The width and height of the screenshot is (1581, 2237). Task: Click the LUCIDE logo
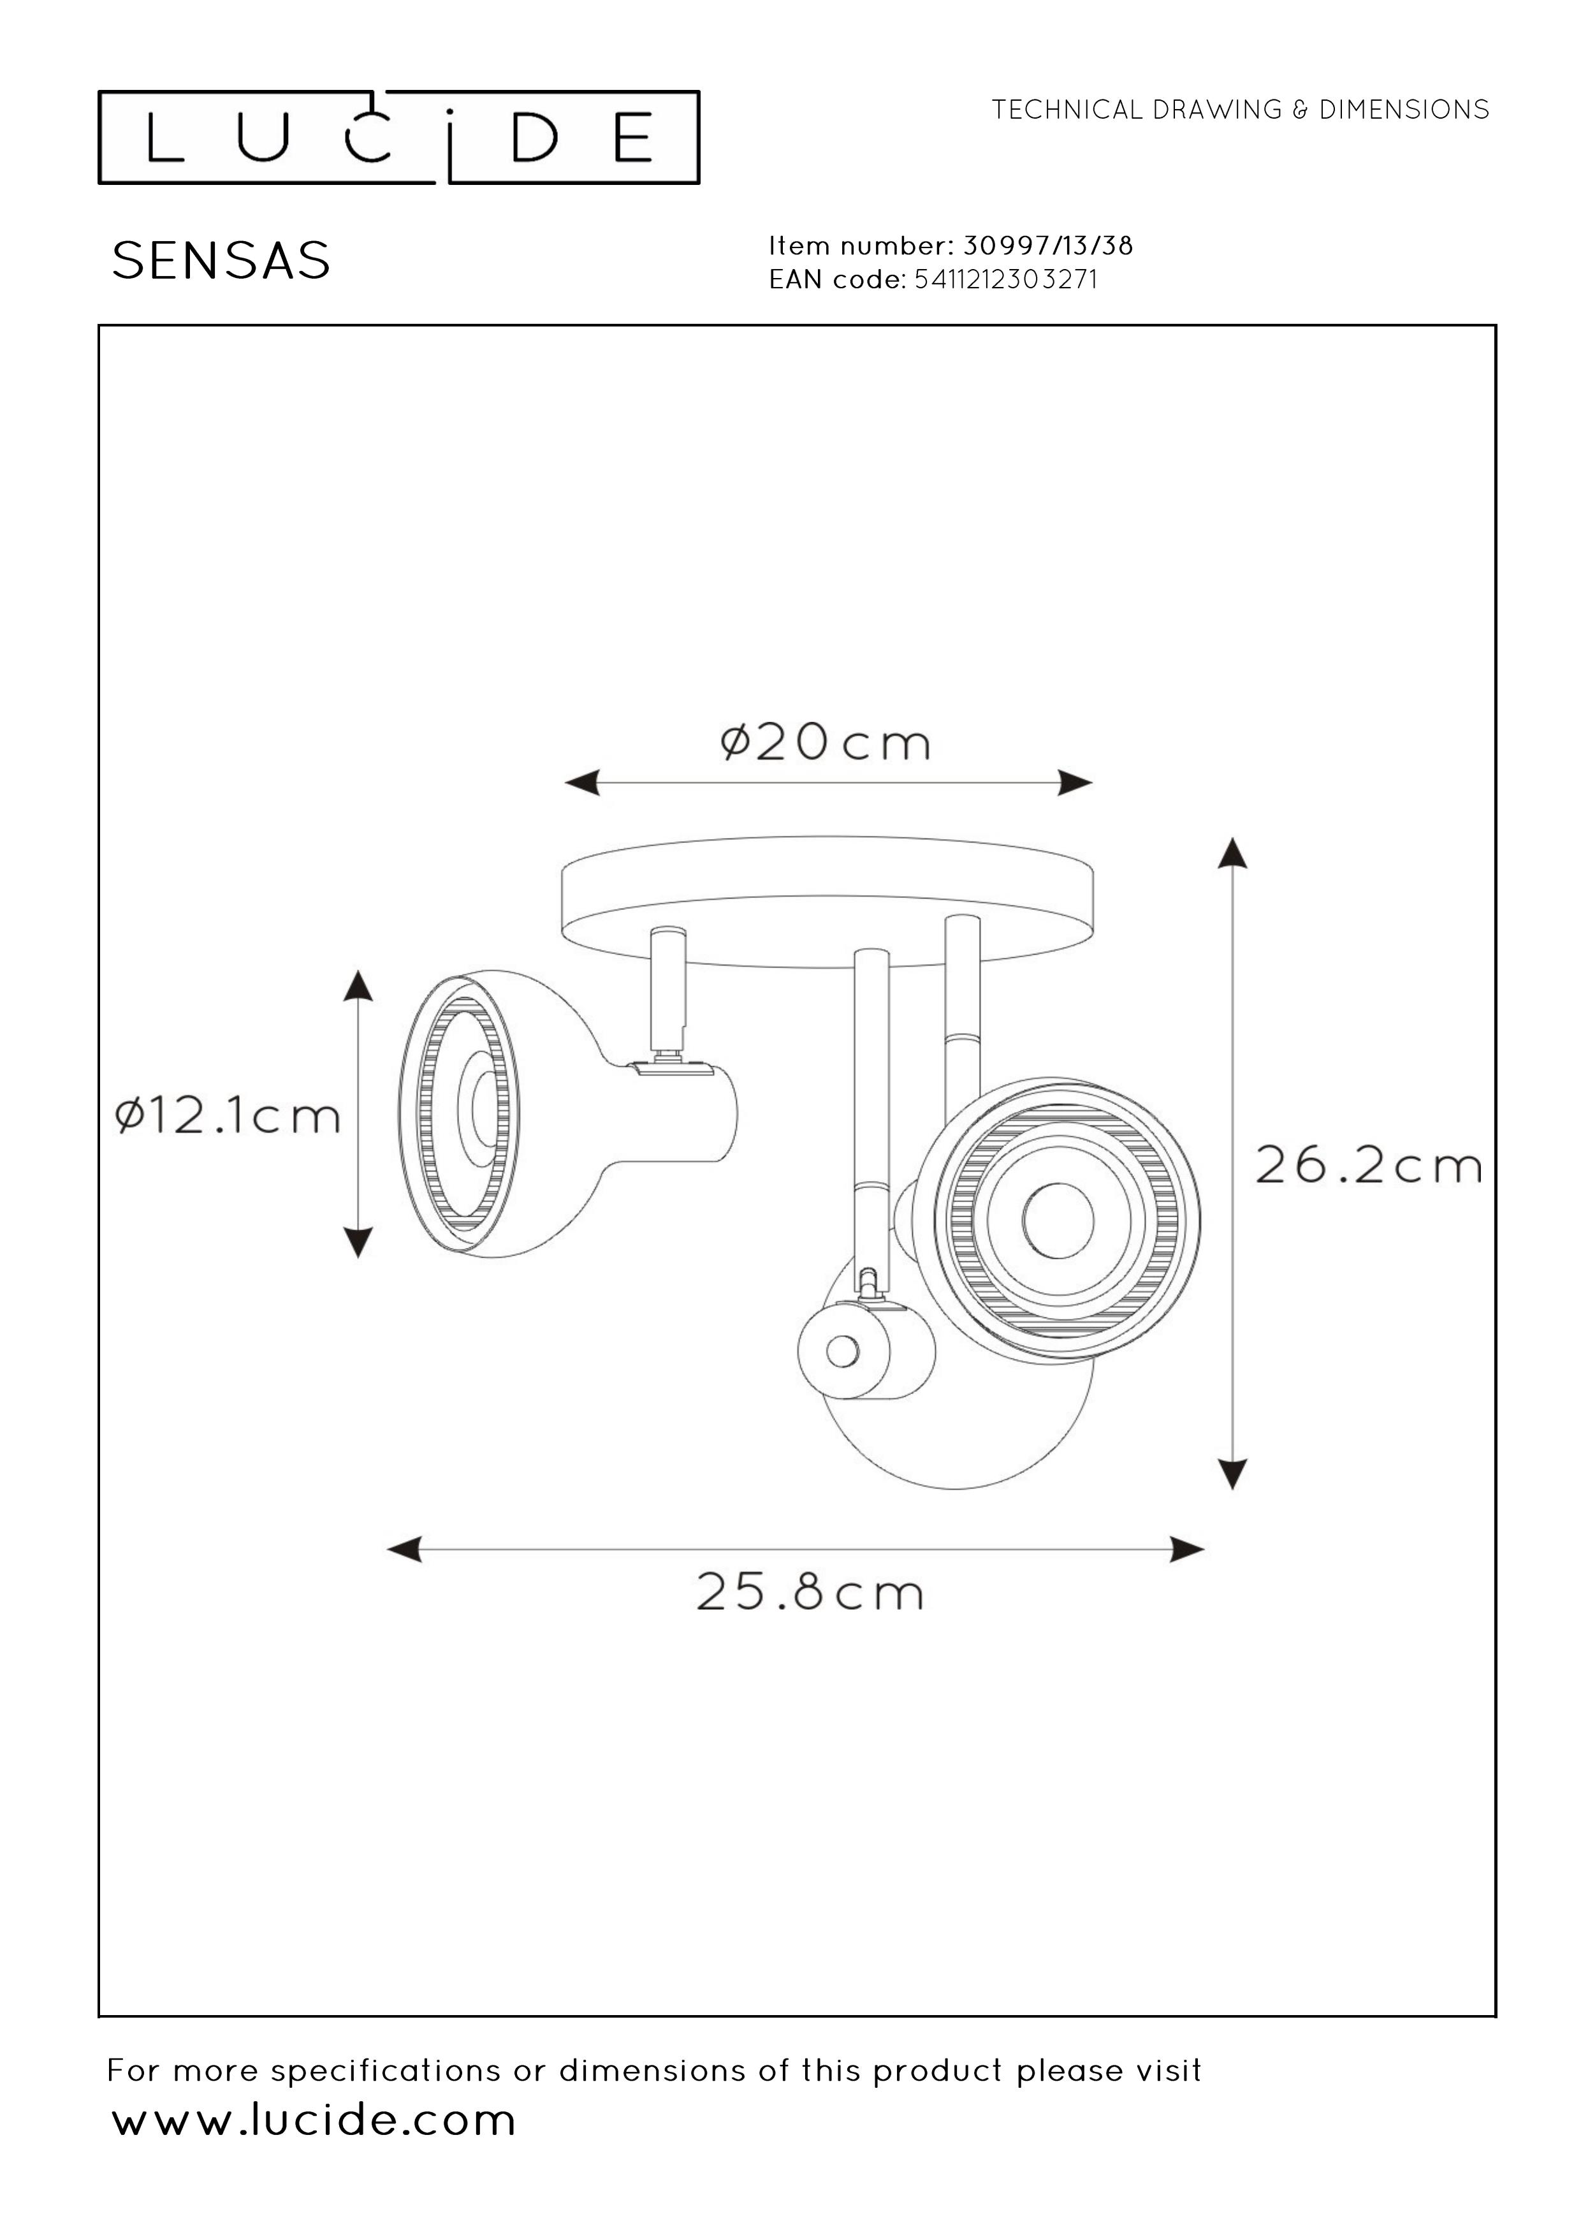[398, 137]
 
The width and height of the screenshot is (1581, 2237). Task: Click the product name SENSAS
[221, 261]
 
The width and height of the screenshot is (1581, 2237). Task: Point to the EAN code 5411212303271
[1006, 279]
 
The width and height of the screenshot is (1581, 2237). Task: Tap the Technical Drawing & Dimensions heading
[1240, 110]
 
